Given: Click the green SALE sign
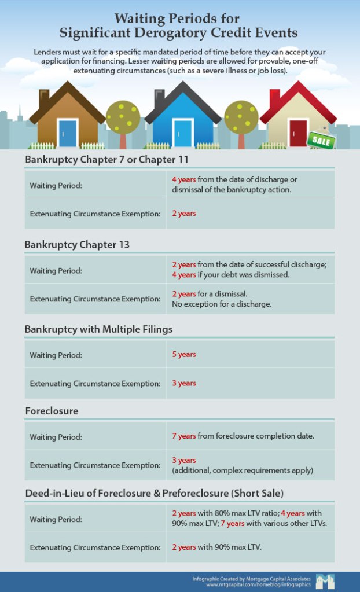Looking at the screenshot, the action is coord(321,139).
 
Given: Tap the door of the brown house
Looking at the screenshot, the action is coord(68,134).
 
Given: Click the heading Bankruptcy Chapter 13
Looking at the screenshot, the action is coord(77,245).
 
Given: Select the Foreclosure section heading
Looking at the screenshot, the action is coord(52,411).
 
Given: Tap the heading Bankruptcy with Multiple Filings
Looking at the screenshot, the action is coord(98,329).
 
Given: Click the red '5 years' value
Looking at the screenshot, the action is coord(184,354).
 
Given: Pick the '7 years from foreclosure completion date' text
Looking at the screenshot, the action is coord(243,436).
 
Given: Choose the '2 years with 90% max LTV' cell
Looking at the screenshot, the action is coord(217,547).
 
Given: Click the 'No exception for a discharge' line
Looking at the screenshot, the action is coord(222,304).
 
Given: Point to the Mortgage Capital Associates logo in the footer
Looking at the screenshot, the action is coord(325,582).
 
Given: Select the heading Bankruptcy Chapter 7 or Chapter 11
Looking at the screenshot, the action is coord(107,160).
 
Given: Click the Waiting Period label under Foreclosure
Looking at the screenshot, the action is coord(56,437).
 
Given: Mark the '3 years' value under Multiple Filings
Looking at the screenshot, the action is coord(184,383).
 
